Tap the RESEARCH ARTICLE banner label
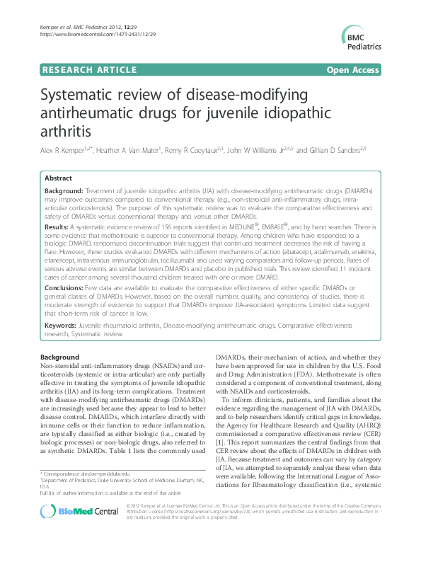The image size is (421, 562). pos(89,70)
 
